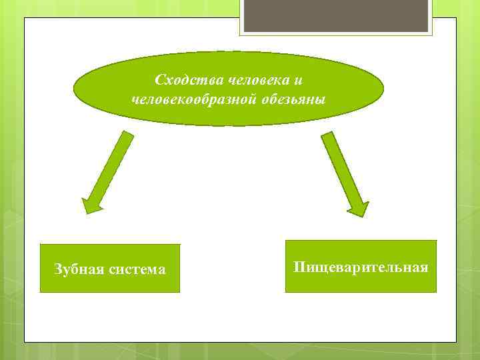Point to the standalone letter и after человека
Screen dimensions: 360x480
[298, 81]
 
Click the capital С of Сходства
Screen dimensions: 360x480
[159, 80]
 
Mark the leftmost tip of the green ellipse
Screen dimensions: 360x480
[74, 89]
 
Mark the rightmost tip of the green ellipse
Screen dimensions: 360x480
[384, 89]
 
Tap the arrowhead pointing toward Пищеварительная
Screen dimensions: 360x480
[359, 208]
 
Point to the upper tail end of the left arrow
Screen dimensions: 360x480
[128, 134]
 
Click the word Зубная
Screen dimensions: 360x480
[79, 269]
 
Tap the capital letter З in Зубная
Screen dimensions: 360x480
[57, 269]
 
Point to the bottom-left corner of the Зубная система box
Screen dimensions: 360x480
[41, 292]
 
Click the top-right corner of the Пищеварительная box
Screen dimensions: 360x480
[436, 241]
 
